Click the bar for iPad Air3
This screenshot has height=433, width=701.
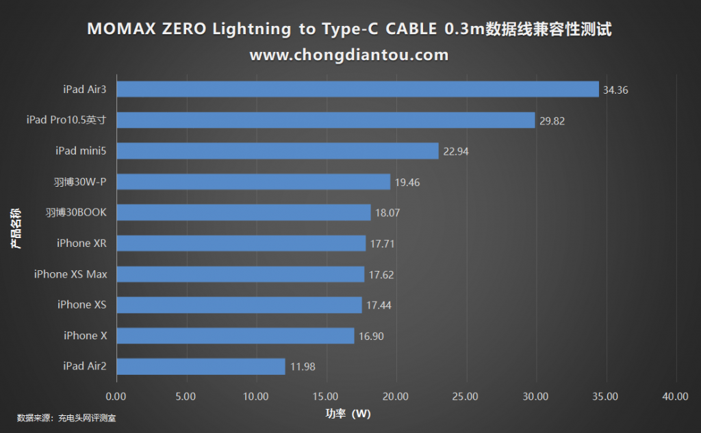click(x=357, y=90)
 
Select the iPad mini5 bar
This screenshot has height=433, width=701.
click(x=277, y=151)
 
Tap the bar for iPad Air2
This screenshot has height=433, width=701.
click(x=201, y=367)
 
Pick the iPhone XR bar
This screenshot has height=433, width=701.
click(x=241, y=244)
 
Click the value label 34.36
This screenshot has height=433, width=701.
click(x=615, y=90)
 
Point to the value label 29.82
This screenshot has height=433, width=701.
click(x=552, y=120)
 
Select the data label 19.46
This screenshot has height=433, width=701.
click(x=407, y=182)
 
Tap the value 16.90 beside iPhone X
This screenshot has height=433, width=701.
click(x=372, y=336)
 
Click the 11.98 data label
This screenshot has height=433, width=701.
click(x=303, y=367)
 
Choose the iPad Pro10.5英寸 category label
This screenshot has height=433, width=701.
click(x=66, y=120)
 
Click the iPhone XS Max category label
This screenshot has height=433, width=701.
click(x=71, y=274)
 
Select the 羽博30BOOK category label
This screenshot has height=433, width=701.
click(x=76, y=213)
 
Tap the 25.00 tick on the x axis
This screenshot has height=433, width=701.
click(x=467, y=396)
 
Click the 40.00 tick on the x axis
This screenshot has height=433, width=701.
click(x=676, y=396)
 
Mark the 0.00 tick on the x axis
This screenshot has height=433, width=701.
click(x=116, y=396)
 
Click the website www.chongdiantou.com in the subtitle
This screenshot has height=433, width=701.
click(x=349, y=55)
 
